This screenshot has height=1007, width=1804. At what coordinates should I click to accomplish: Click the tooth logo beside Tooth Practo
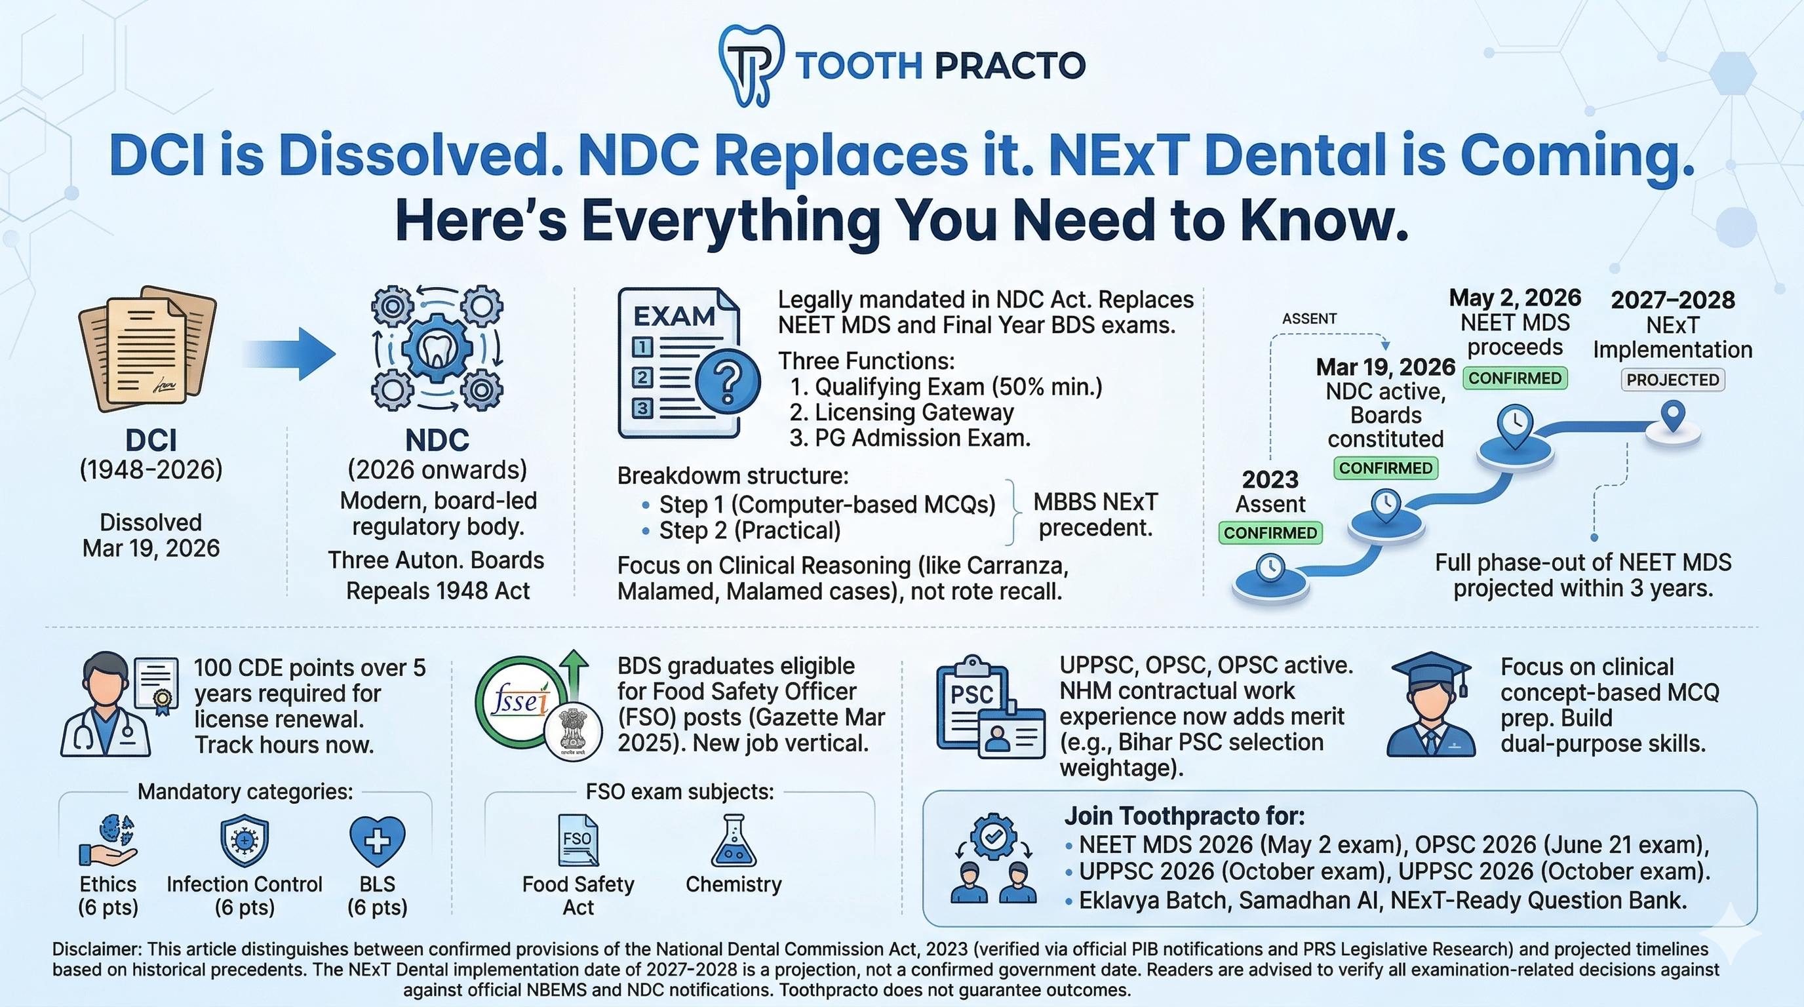click(x=750, y=66)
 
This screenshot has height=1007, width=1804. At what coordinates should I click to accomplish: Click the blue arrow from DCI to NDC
click(x=290, y=353)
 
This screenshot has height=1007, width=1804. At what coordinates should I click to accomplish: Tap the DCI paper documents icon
click(x=147, y=347)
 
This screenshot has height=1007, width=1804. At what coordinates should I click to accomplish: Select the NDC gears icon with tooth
click(x=437, y=348)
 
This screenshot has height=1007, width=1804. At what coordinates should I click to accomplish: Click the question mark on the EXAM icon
click(x=728, y=382)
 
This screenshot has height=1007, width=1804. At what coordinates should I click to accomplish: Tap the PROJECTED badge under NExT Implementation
click(x=1672, y=380)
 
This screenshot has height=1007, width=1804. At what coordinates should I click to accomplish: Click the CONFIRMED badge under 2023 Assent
click(x=1270, y=533)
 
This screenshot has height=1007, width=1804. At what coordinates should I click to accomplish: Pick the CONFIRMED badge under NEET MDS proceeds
click(x=1515, y=378)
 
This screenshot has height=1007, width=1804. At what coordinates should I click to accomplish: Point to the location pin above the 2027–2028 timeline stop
click(x=1673, y=416)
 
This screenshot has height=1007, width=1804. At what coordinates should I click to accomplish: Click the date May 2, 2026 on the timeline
click(x=1515, y=298)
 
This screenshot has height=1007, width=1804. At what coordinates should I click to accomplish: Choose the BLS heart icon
click(x=377, y=841)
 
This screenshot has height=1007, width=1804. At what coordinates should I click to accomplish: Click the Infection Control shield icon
click(x=245, y=840)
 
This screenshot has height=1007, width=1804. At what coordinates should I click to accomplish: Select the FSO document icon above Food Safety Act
click(x=578, y=840)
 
